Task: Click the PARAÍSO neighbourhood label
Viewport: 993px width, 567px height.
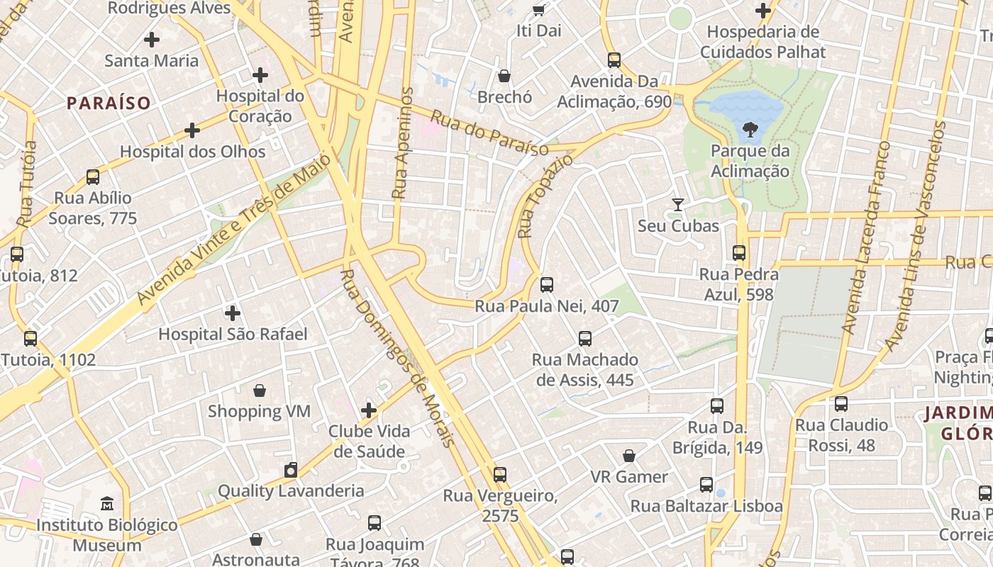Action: coord(109,103)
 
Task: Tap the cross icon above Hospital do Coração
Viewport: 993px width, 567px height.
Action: coord(260,74)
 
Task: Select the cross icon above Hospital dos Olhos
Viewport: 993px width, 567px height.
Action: coord(192,130)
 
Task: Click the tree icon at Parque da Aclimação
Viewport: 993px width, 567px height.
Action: coord(750,129)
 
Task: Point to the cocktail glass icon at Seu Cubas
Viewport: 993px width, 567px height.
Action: coord(678,205)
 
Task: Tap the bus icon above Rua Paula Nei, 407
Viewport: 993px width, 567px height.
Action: coord(546,285)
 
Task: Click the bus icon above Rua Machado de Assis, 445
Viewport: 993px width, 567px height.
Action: coord(584,339)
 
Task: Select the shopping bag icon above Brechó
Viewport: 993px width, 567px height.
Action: coord(504,76)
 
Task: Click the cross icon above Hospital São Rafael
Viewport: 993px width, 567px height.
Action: coord(232,313)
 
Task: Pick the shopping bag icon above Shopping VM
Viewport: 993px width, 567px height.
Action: coord(260,391)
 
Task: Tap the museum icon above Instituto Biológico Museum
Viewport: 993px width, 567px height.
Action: coord(106,504)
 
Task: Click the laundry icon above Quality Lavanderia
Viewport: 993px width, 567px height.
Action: coord(290,470)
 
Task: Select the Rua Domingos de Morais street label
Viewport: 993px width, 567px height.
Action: coord(396,358)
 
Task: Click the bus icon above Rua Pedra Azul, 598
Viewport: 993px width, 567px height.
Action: coord(739,253)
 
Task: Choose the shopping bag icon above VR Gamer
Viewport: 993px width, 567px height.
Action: coord(628,456)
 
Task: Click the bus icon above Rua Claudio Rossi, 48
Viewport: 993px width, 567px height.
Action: coord(841,404)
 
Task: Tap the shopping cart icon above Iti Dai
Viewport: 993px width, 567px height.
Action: coord(538,10)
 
